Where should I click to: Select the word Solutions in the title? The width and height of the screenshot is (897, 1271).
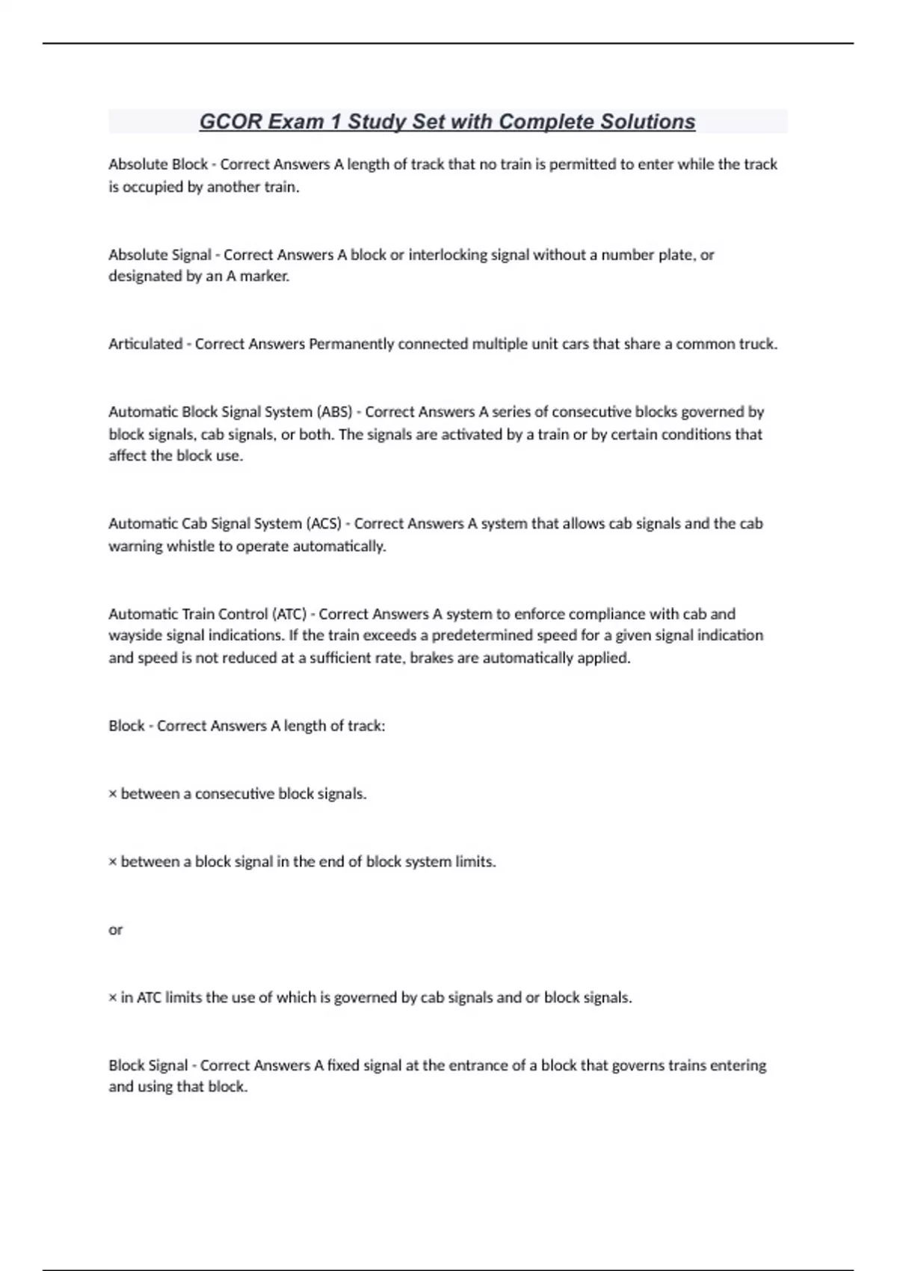[x=648, y=122]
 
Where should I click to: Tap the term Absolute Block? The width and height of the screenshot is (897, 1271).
[x=158, y=164]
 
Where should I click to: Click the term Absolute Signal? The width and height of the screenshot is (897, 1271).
[x=159, y=255]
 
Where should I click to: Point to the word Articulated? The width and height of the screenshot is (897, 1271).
[x=145, y=344]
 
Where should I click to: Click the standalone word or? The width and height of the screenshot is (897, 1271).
[x=115, y=930]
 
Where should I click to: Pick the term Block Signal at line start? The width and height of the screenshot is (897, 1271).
[x=148, y=1065]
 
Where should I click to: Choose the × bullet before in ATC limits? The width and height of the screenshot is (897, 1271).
[x=113, y=998]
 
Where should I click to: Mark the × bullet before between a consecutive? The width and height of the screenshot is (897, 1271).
[x=113, y=795]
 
